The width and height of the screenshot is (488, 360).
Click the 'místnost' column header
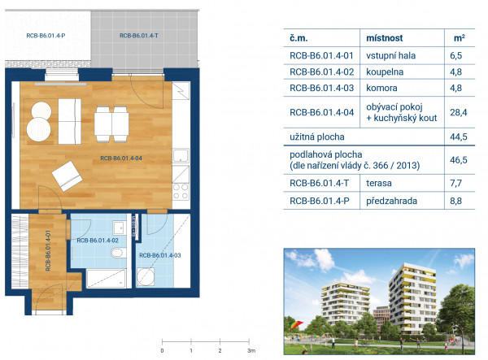click(385, 38)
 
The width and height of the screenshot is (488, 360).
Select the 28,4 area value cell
click(459, 112)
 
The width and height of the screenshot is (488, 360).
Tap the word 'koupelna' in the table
click(385, 72)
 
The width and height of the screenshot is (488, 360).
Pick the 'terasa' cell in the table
click(379, 183)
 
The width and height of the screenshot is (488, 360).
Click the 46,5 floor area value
click(459, 160)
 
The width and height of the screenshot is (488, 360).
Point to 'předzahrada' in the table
click(391, 201)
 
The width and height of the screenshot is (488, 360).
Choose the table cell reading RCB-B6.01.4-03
click(322, 88)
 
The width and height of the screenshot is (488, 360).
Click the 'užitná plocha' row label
click(317, 137)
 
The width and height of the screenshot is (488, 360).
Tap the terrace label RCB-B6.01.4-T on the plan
click(139, 36)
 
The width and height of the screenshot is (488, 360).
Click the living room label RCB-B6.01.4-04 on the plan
click(121, 158)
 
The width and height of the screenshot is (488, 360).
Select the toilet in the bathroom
click(119, 253)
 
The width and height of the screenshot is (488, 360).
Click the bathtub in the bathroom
click(106, 278)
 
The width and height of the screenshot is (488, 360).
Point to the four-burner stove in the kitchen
click(181, 191)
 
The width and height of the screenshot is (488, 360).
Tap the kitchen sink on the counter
click(181, 155)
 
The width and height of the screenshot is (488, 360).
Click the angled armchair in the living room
click(67, 176)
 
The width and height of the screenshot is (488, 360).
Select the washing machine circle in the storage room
click(146, 276)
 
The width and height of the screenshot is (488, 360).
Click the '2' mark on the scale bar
click(220, 351)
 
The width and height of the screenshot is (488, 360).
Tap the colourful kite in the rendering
click(296, 325)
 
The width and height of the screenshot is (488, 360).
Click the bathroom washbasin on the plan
click(120, 228)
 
